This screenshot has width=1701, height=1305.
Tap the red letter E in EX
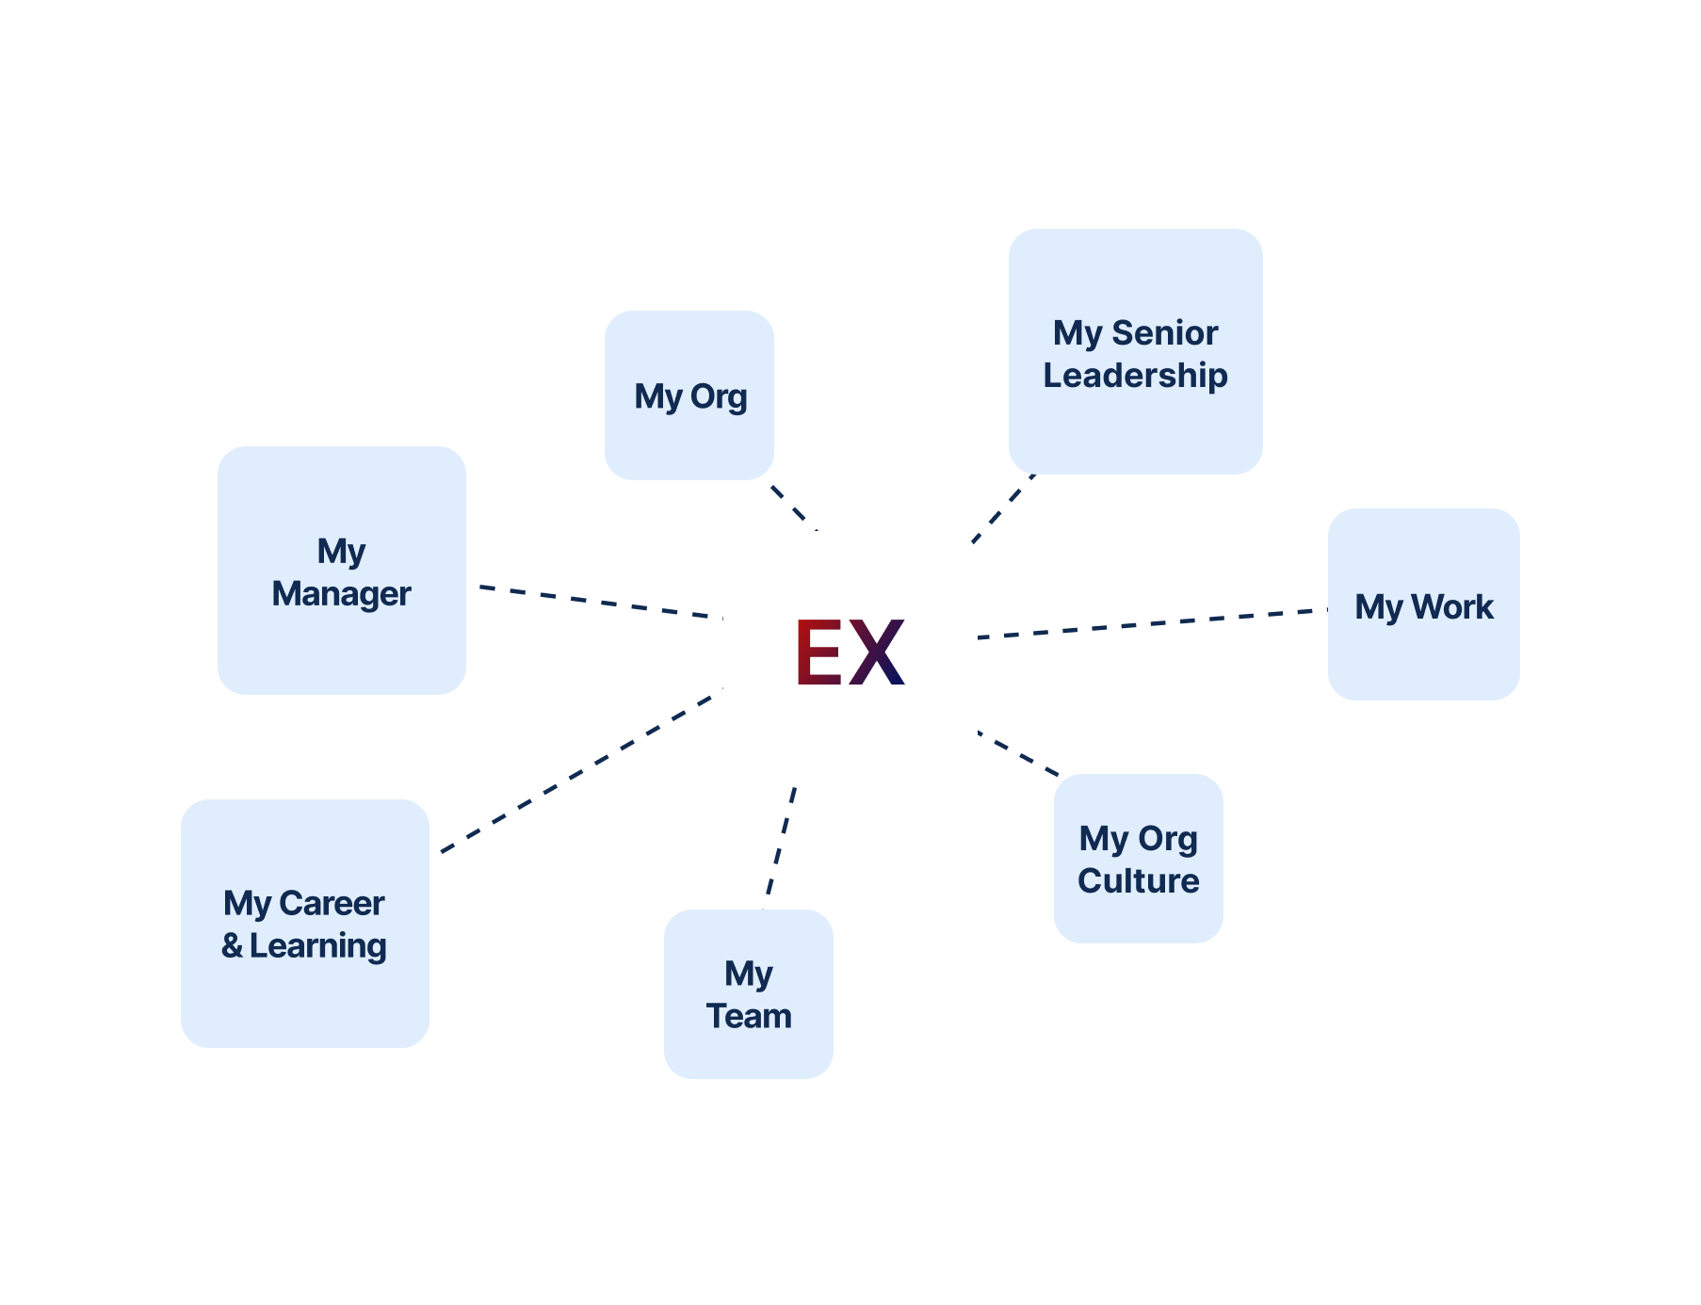tap(818, 652)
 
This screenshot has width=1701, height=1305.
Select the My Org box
tap(689, 395)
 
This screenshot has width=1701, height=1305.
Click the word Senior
tap(1165, 332)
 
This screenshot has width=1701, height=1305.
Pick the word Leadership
tap(1135, 376)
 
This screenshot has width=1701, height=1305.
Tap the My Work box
tap(1423, 605)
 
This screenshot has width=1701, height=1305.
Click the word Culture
tap(1138, 881)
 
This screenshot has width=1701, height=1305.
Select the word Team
tap(749, 1017)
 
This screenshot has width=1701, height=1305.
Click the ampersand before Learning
tap(232, 945)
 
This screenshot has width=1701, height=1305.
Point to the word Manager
tap(341, 594)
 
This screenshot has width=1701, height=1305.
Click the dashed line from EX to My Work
tap(1153, 623)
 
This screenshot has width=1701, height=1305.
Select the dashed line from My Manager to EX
tap(595, 602)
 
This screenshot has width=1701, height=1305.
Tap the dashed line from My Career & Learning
tap(576, 773)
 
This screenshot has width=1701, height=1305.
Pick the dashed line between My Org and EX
tap(789, 504)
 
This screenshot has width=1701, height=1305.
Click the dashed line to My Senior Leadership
tap(1004, 508)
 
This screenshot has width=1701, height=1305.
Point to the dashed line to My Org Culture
tap(1019, 754)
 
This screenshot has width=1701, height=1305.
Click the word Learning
tap(317, 945)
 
